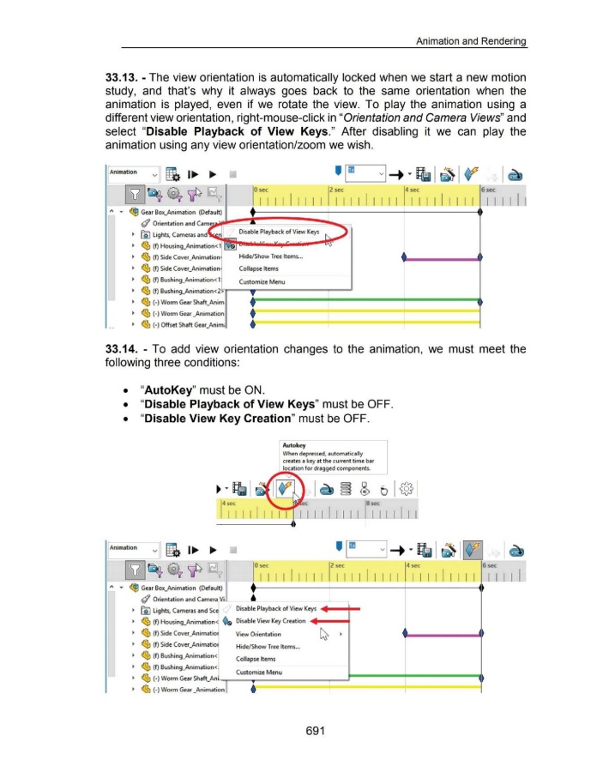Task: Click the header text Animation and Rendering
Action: tap(470, 41)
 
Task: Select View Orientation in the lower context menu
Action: tap(260, 636)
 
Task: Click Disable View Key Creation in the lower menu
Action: tap(270, 621)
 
